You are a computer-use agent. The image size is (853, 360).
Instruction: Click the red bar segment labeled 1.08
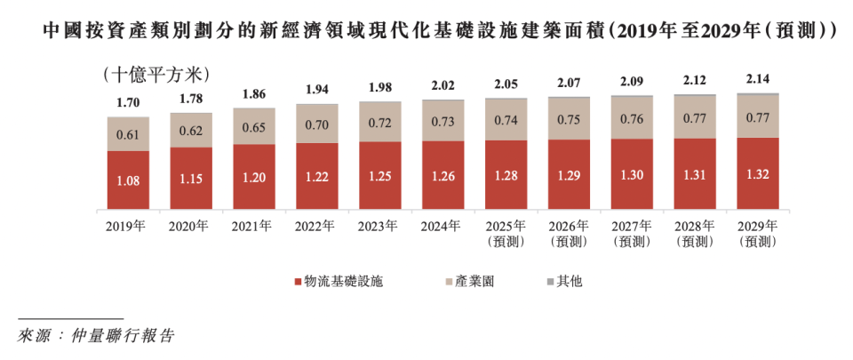click(128, 180)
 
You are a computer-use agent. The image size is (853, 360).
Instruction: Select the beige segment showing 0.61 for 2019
click(128, 134)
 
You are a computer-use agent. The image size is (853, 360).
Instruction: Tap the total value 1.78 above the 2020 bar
click(191, 99)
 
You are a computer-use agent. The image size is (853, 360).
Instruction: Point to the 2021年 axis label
click(254, 226)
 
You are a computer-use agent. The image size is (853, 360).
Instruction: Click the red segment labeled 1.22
click(317, 177)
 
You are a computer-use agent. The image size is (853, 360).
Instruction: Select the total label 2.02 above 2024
click(443, 85)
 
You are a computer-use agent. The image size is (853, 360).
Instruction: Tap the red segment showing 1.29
click(570, 174)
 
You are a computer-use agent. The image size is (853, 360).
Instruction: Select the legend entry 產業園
click(468, 282)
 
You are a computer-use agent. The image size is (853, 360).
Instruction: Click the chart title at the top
click(426, 31)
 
